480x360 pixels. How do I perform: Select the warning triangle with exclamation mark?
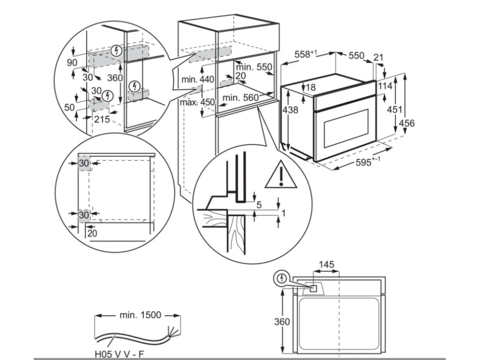click(x=280, y=175)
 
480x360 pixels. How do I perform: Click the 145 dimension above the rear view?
click(x=326, y=265)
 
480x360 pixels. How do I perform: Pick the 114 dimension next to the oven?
click(x=385, y=86)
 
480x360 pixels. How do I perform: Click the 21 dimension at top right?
click(x=379, y=58)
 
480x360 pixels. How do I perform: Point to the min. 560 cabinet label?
click(x=240, y=97)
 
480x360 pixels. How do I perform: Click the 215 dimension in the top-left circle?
click(x=102, y=120)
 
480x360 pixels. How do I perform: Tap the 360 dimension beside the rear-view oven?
click(x=282, y=322)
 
